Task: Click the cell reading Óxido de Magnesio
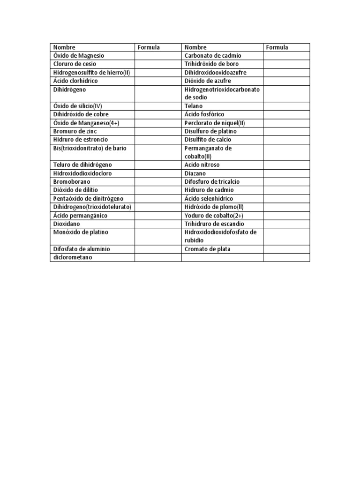click(79, 56)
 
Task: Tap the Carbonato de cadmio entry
click(213, 56)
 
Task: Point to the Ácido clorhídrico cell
click(75, 81)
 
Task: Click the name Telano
click(194, 106)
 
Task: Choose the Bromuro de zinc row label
click(74, 131)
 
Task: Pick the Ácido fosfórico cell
click(204, 114)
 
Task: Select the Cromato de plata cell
click(208, 249)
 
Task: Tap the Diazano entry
click(195, 173)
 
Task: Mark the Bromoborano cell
click(72, 181)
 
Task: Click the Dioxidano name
click(67, 224)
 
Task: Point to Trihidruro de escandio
click(214, 224)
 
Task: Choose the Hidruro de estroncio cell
click(81, 140)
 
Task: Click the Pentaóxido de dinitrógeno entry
click(88, 198)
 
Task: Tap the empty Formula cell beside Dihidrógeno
click(158, 93)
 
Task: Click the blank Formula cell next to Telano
click(286, 106)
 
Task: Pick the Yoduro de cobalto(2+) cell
click(214, 215)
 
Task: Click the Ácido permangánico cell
click(80, 215)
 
